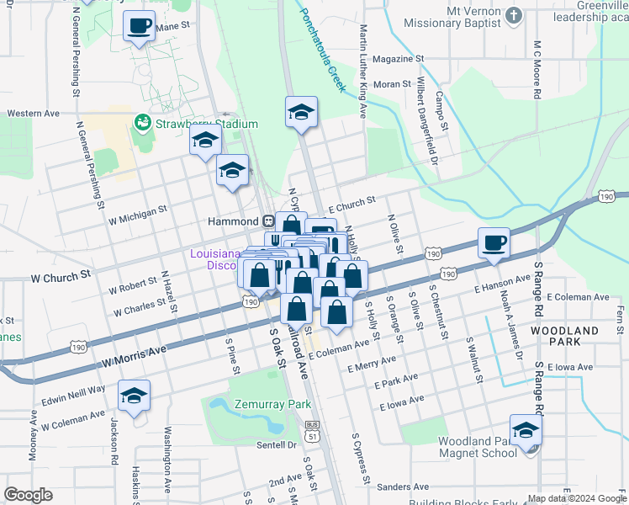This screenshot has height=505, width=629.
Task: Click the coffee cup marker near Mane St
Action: (140, 25)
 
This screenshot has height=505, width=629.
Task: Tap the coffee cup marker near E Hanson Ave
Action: (494, 242)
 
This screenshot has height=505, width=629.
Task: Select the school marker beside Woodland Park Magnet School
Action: (526, 430)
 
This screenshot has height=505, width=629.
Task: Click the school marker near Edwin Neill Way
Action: (134, 395)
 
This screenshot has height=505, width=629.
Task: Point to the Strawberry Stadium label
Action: (204, 125)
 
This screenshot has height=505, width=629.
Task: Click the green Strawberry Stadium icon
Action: (142, 124)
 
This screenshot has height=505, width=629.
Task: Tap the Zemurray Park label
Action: (273, 404)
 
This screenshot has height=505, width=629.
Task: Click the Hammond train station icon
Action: (269, 221)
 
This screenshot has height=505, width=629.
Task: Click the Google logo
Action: (28, 495)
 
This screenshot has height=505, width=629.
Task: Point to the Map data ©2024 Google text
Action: (577, 498)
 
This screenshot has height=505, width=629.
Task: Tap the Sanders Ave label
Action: (403, 486)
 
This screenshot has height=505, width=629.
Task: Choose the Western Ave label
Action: (34, 113)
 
